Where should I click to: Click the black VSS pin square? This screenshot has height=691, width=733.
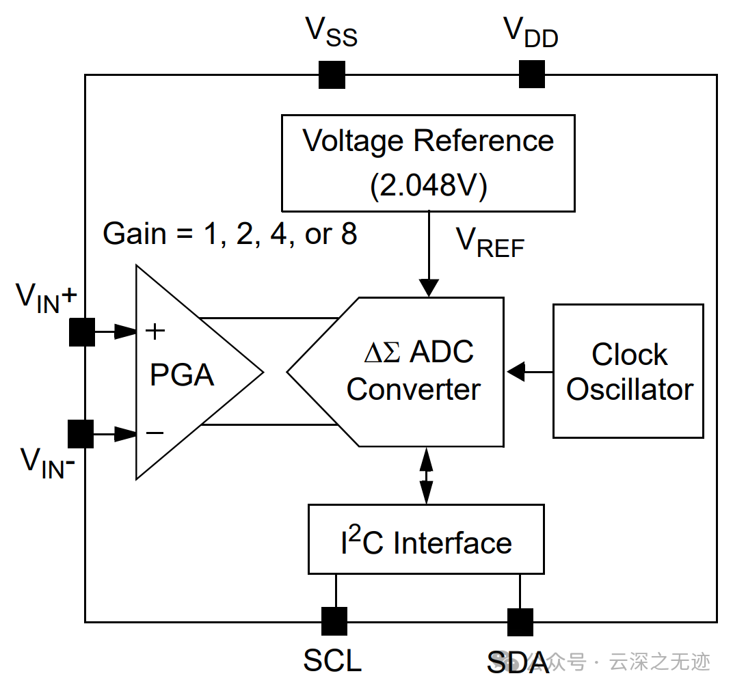[x=332, y=74]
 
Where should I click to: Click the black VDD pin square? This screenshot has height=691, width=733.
[x=531, y=74]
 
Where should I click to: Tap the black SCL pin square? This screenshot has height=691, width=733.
[x=334, y=621]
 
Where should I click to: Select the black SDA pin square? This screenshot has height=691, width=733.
[x=520, y=621]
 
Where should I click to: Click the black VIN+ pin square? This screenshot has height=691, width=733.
[x=82, y=332]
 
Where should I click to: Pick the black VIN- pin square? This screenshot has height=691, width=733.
[x=81, y=433]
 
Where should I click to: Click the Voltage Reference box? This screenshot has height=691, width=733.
[x=428, y=163]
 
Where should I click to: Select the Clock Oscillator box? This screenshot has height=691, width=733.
[x=628, y=370]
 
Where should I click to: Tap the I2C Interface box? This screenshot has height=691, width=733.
[x=426, y=539]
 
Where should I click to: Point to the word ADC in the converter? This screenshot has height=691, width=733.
[x=442, y=353]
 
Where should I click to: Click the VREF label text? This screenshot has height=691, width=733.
[x=490, y=243]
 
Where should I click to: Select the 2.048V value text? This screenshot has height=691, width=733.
[x=429, y=186]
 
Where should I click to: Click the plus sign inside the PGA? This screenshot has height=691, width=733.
[x=156, y=331]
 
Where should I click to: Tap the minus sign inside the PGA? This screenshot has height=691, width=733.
[x=155, y=433]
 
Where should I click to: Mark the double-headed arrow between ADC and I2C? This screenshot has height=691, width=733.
[x=427, y=475]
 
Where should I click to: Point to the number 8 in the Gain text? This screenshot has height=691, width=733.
[x=349, y=234]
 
